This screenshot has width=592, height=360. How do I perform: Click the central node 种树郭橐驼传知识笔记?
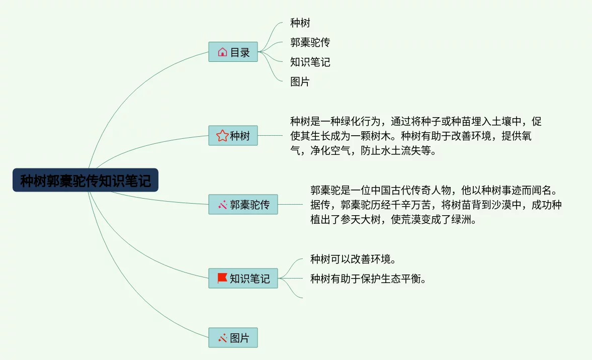86,180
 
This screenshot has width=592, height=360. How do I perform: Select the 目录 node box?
233,52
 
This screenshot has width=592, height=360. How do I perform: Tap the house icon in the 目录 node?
222,52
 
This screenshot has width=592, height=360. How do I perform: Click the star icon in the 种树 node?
222,136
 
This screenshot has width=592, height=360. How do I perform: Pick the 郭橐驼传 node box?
243,205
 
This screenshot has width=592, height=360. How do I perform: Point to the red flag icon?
222,278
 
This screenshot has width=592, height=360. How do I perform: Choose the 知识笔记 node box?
243,278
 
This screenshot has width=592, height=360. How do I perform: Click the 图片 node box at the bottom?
233,338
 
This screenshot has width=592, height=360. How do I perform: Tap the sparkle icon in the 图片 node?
222,338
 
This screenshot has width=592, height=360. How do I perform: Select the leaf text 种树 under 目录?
300,23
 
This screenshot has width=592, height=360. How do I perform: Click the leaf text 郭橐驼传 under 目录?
310,42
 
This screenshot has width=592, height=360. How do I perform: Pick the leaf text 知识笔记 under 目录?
310,62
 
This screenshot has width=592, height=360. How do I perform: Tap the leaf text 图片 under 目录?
300,81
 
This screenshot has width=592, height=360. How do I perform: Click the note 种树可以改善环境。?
353,259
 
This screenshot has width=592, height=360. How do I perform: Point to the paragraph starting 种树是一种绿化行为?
415,136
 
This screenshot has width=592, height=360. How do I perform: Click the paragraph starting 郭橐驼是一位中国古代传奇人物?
436,205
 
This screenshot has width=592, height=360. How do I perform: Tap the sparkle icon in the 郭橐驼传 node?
222,205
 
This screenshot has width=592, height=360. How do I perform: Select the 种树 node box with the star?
233,136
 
